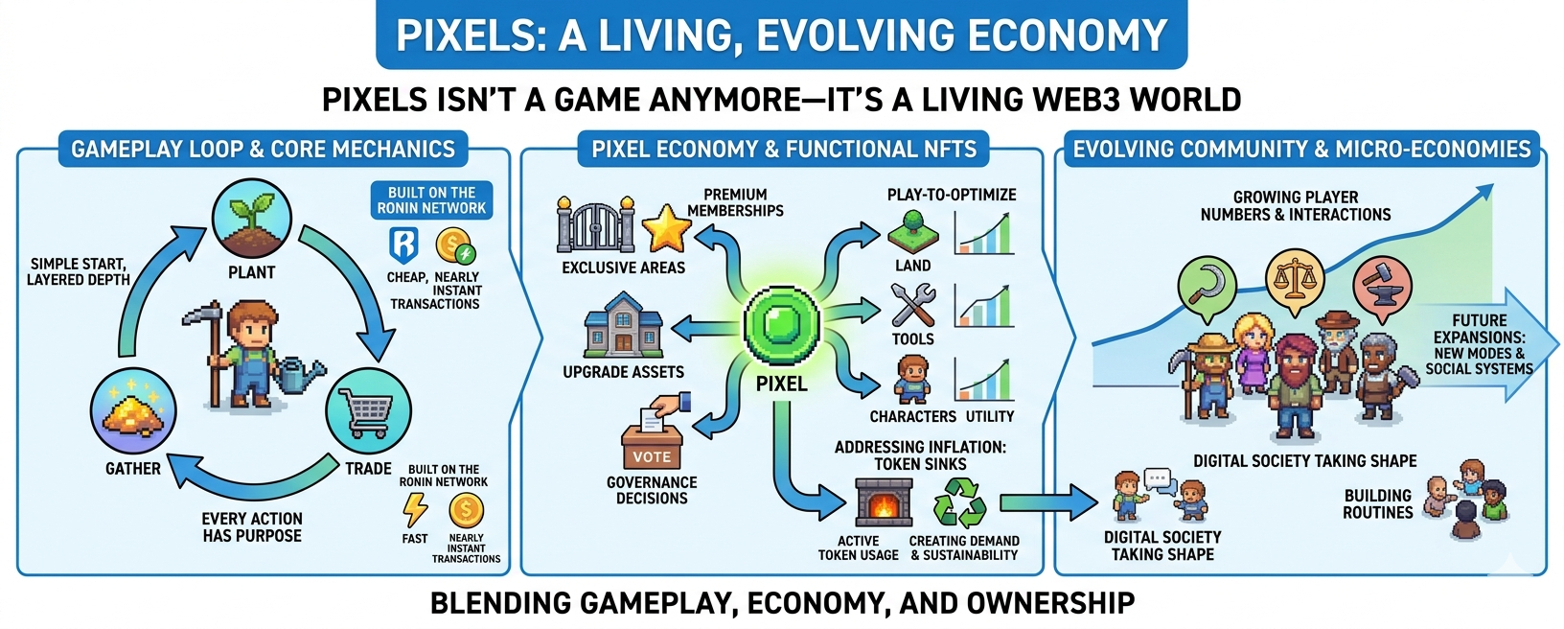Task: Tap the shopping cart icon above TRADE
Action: (368, 411)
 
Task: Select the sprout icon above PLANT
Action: (252, 218)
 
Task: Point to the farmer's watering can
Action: (297, 375)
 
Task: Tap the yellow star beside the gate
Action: (666, 228)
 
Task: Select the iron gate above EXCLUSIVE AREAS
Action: (596, 224)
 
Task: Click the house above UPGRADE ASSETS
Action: (623, 326)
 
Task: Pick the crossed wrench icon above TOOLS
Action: (913, 305)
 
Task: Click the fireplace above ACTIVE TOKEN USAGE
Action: (884, 501)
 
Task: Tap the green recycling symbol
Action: (959, 501)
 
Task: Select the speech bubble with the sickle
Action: (1207, 288)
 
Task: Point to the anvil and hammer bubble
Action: (1383, 288)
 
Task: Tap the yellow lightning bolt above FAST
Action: (415, 509)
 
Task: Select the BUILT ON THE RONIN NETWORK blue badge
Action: (431, 200)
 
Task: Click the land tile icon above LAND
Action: (913, 233)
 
